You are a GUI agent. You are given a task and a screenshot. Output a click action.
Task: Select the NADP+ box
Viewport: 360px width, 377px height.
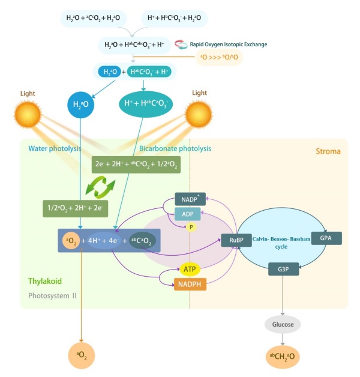coord(190,199)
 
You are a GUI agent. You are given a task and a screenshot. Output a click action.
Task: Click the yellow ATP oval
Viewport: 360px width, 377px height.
coord(190,270)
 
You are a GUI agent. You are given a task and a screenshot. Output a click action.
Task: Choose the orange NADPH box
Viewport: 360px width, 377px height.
coord(190,285)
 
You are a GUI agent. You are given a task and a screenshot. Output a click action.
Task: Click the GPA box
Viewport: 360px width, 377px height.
coord(326,238)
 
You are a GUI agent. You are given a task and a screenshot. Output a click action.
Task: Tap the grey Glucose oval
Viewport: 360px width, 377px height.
coord(283,324)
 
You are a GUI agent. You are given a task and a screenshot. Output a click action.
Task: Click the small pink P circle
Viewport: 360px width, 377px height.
coord(191,228)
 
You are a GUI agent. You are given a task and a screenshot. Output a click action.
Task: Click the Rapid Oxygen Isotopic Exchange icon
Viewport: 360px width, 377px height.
coord(181,44)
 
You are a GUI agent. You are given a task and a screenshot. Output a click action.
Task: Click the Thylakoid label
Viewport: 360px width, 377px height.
coord(44,281)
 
